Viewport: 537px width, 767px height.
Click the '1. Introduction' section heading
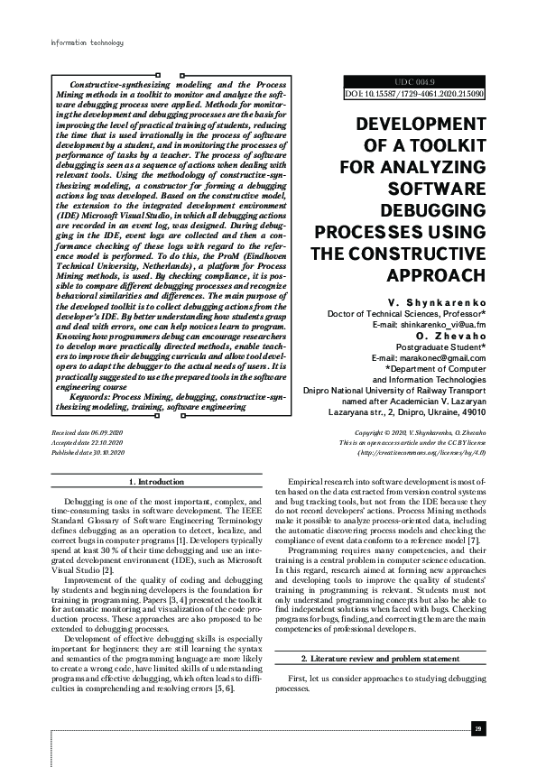pos(158,484)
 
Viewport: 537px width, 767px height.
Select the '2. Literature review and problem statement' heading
pos(381,661)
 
